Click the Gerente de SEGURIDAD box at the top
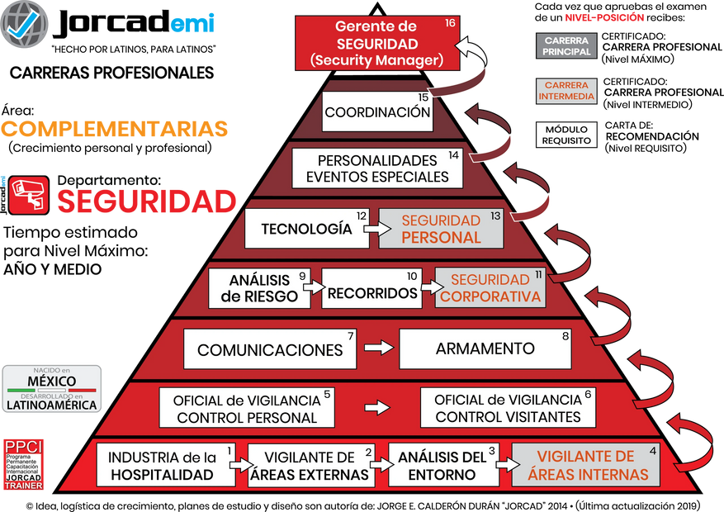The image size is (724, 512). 376,44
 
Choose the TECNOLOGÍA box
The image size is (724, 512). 306,229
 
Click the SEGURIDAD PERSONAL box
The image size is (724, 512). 441,229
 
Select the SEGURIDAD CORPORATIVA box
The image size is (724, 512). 490,288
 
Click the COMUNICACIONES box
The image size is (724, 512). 270,349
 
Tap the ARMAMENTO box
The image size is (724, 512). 485,348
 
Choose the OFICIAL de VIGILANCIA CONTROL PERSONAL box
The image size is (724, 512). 246,408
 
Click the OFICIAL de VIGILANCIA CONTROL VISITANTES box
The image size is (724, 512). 508,408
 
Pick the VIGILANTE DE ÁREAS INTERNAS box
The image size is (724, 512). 585,465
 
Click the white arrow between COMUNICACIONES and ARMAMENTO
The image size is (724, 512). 378,348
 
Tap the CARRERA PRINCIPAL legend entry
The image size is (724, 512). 566,45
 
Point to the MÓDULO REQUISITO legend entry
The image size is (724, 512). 566,135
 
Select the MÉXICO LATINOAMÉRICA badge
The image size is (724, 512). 52,387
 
